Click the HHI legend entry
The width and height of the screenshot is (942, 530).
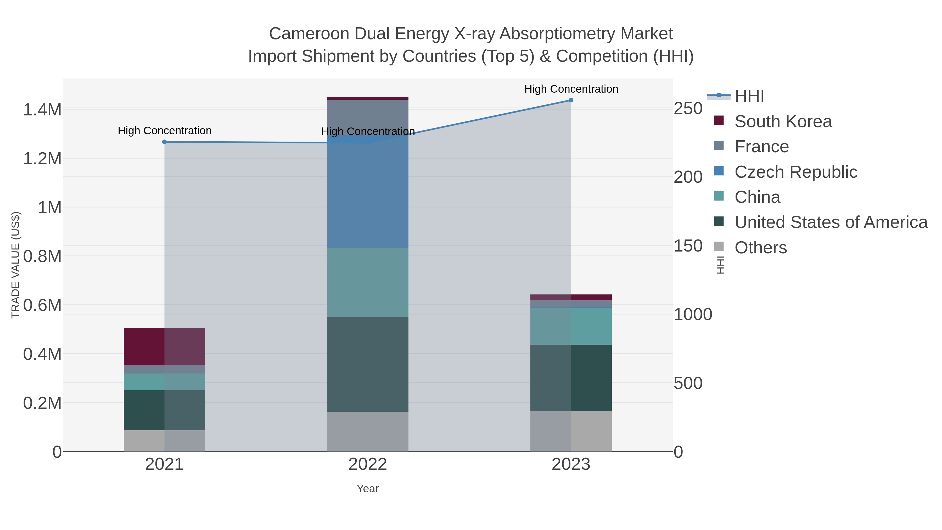749,96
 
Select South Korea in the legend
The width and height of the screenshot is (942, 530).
783,121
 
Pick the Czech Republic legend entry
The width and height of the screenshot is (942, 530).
796,172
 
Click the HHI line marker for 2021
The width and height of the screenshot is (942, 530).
165,142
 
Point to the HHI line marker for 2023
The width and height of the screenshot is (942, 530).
571,100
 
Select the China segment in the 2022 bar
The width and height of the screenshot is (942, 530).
368,282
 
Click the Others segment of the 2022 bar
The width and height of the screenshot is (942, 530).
368,431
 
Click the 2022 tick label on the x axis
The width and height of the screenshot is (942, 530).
368,465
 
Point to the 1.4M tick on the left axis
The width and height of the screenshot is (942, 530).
42,110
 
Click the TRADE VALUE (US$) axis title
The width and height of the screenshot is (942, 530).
15,265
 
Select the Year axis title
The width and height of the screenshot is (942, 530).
368,489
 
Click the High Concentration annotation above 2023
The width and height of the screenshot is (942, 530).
571,89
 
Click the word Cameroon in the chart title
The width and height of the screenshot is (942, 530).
309,34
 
